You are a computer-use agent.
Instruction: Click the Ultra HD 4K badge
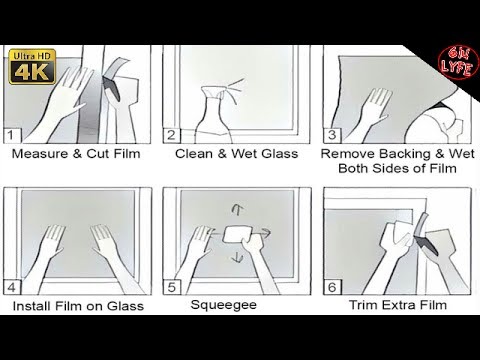[32, 67]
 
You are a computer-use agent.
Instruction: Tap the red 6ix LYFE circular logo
[458, 63]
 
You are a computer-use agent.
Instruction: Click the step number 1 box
[12, 136]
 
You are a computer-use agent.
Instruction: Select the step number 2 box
[171, 135]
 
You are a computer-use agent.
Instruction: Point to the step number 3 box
[332, 135]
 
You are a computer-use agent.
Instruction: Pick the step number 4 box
[12, 287]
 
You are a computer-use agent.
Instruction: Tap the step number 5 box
[172, 287]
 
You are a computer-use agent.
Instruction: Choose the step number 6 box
[332, 287]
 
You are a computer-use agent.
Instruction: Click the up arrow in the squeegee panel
[237, 209]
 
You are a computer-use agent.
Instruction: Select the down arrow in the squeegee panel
[237, 257]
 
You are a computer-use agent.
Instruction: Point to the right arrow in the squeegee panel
[264, 233]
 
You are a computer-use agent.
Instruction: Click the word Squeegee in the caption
[224, 305]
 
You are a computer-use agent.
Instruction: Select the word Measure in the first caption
[40, 154]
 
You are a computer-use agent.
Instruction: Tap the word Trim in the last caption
[363, 305]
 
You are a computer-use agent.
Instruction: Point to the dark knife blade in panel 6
[425, 244]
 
